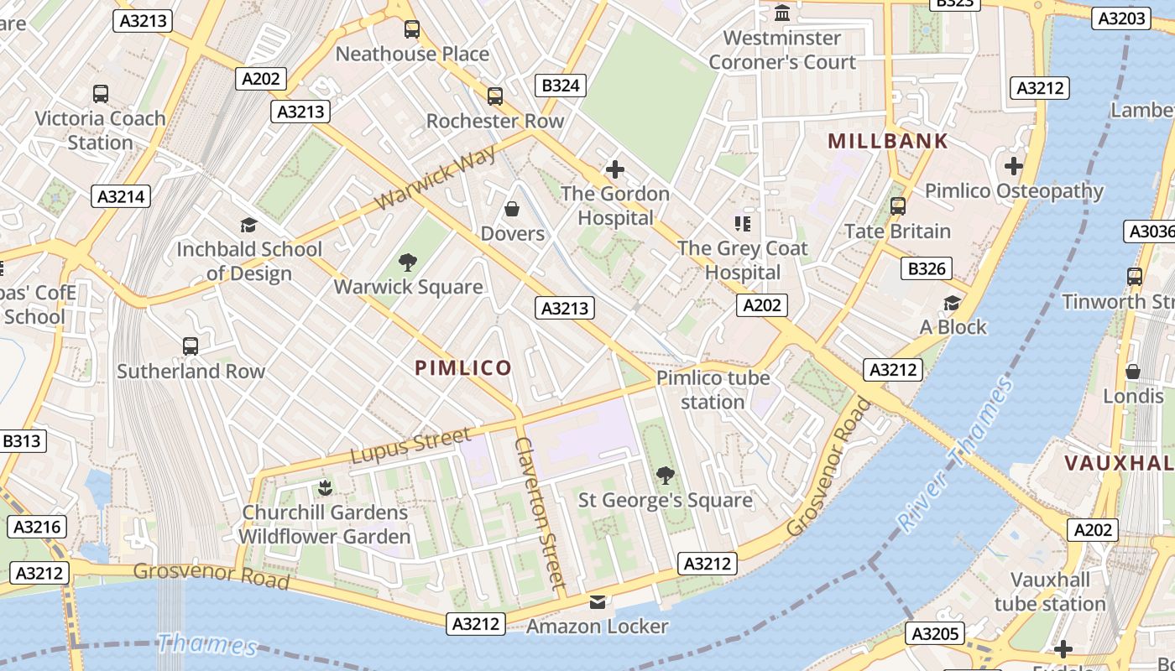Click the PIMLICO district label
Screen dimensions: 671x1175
(x=462, y=367)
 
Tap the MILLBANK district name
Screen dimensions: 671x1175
(x=888, y=141)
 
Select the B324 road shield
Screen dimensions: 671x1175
(x=561, y=85)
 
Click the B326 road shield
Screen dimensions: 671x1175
(x=927, y=268)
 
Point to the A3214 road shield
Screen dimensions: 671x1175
(x=120, y=196)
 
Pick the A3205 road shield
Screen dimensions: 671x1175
(x=937, y=633)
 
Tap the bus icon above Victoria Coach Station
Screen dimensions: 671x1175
(x=101, y=94)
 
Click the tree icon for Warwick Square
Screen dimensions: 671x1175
(x=408, y=263)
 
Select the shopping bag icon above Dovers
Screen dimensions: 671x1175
(x=512, y=209)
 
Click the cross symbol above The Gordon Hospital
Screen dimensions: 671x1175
(x=615, y=169)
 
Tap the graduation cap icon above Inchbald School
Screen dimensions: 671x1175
(x=248, y=225)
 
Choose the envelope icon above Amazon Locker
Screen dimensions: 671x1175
(x=597, y=602)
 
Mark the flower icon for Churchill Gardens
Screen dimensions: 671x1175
(x=325, y=487)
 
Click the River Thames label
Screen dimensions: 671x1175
(x=957, y=454)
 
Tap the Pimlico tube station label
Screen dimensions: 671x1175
(x=713, y=389)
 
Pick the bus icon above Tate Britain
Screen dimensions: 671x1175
(x=897, y=205)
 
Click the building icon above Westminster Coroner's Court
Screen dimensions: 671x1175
(x=782, y=13)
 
